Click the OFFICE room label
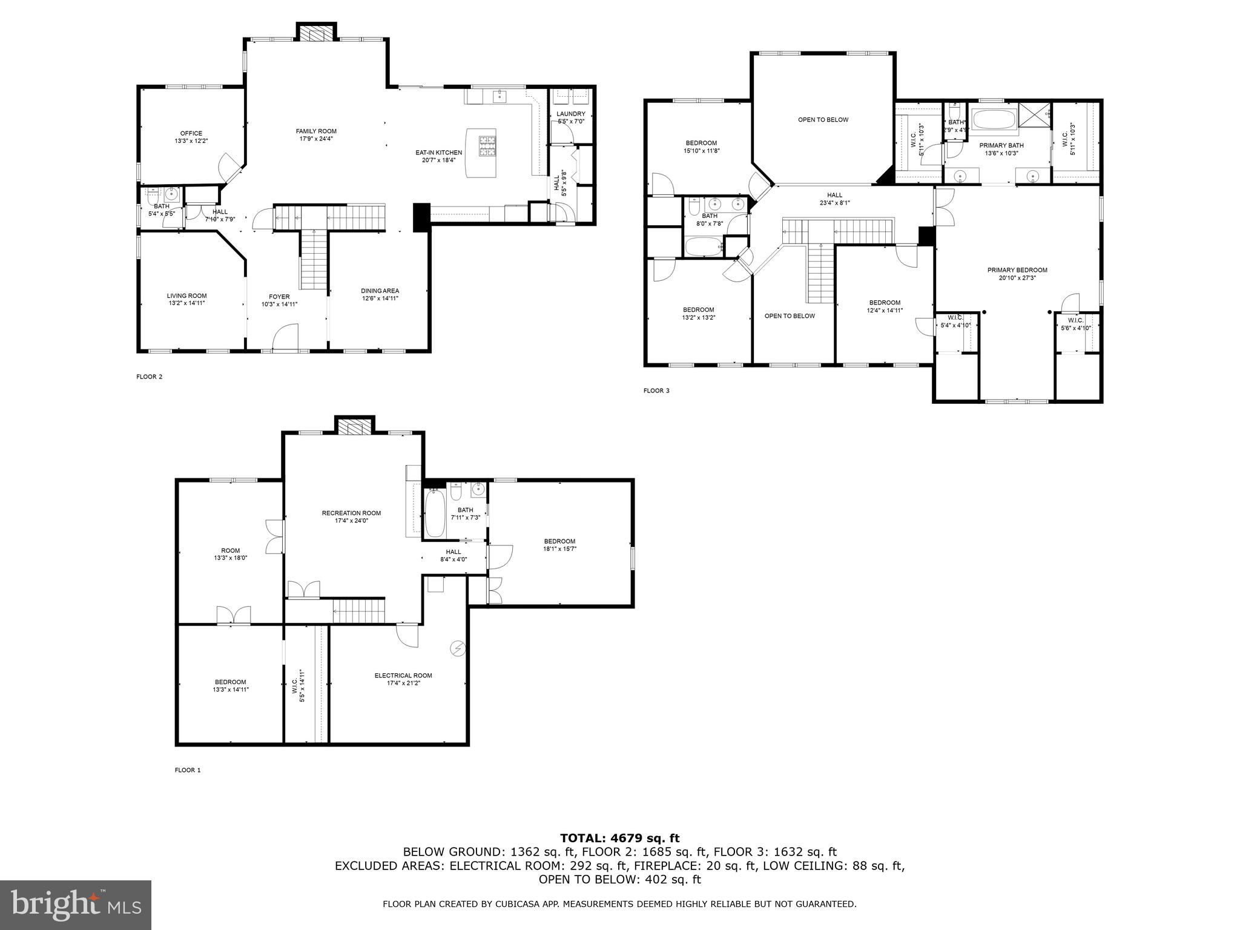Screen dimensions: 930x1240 click(191, 134)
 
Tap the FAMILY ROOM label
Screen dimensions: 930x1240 click(316, 131)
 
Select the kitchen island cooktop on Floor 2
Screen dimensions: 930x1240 click(487, 146)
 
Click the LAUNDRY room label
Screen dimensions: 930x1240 click(570, 114)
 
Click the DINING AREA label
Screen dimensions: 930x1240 click(380, 291)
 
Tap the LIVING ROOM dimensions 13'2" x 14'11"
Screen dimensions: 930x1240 click(186, 303)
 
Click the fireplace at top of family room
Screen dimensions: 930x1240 click(315, 33)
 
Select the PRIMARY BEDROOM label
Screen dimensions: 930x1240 click(1017, 270)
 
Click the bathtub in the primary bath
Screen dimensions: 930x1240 click(994, 120)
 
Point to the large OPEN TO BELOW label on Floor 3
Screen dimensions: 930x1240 click(823, 120)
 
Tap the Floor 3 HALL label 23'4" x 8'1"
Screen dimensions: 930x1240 click(834, 199)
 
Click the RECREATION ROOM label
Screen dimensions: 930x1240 click(351, 513)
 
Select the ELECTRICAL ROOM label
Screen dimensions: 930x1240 click(403, 676)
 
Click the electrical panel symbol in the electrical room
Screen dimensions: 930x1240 click(457, 648)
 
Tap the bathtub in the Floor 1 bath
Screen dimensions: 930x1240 click(435, 513)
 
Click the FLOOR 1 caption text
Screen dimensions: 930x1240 click(187, 770)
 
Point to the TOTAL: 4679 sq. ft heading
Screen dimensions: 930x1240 click(619, 838)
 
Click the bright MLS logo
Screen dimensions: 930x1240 click(76, 905)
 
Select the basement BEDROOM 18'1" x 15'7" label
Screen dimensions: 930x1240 click(559, 541)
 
